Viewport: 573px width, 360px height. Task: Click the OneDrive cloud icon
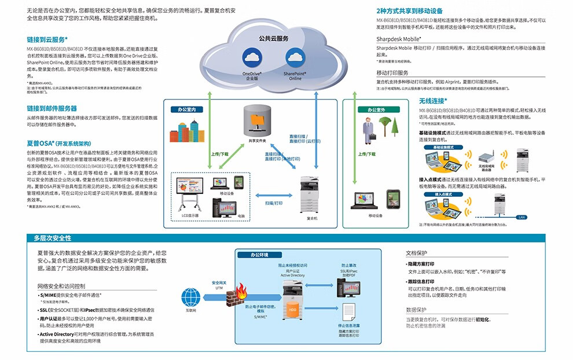pos(252,58)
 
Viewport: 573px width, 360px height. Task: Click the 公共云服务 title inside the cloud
pos(273,38)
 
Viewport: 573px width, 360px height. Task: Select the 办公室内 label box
pos(188,109)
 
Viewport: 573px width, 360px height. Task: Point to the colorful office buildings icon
pos(183,130)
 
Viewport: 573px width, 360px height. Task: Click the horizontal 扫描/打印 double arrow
pos(274,197)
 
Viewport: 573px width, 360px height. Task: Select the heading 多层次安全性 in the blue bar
pos(52,238)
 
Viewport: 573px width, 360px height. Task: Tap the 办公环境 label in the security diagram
pos(261,255)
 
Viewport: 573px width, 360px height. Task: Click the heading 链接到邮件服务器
pos(52,108)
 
